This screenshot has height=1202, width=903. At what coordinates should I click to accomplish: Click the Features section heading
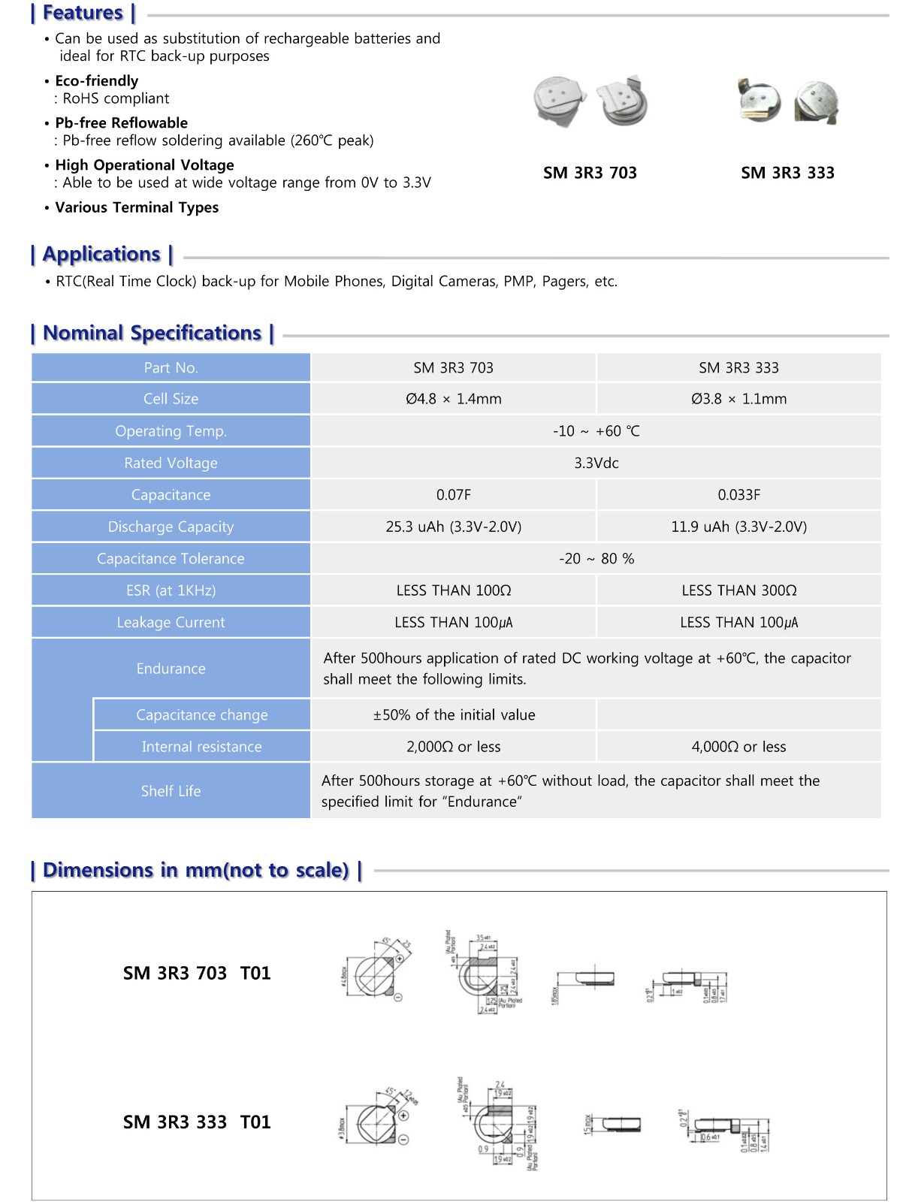(83, 13)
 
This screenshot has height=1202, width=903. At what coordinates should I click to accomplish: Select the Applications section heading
(101, 254)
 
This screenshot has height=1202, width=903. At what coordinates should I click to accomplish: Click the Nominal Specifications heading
(152, 333)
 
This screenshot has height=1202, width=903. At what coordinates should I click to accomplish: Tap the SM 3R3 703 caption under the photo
(590, 173)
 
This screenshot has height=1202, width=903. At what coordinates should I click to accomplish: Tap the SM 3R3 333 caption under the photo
(787, 173)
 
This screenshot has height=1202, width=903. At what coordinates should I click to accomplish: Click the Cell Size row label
(171, 399)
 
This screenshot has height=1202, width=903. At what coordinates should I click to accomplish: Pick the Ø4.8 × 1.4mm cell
(453, 399)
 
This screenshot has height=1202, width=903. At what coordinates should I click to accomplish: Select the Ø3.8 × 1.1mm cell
(738, 399)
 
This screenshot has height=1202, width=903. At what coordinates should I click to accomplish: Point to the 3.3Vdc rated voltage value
(596, 463)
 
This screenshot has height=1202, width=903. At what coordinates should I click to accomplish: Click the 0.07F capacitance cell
(453, 495)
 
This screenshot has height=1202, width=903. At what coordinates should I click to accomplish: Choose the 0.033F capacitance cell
(738, 495)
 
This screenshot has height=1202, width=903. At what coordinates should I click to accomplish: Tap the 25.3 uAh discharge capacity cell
(453, 527)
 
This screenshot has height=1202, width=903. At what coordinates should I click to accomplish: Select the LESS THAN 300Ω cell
(738, 590)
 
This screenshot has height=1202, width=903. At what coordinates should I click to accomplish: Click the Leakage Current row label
(171, 622)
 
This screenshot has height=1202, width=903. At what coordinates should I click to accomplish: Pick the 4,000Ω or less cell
(738, 747)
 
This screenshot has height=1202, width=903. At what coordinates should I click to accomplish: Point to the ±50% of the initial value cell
(454, 714)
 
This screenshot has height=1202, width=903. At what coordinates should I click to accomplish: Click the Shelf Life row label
(171, 790)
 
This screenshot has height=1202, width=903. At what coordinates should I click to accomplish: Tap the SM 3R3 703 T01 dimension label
(196, 974)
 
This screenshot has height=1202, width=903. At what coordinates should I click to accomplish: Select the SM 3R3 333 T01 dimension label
(196, 1122)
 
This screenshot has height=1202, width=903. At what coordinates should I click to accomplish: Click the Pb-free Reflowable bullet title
(121, 123)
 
